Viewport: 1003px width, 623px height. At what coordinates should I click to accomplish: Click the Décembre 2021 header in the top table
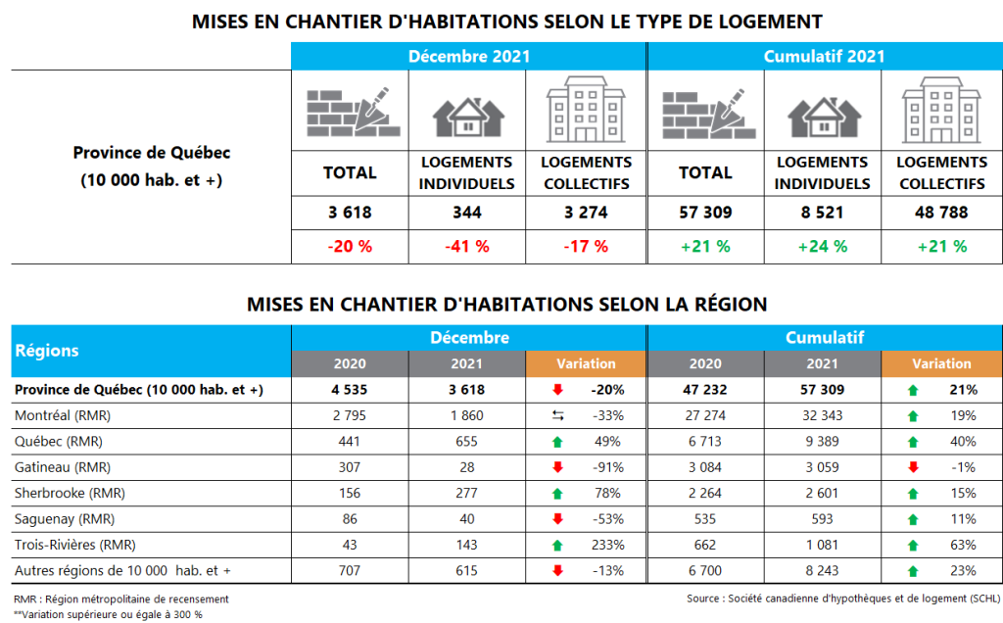[x=468, y=56]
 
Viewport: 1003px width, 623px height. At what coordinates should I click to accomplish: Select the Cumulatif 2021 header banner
[x=824, y=56]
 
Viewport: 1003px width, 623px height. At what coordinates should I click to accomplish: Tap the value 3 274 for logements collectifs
[x=586, y=212]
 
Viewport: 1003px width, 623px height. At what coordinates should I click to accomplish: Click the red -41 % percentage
[x=467, y=246]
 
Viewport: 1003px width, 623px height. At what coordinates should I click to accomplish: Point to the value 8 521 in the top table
[x=823, y=212]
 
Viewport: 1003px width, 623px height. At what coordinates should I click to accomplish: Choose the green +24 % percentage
[x=823, y=246]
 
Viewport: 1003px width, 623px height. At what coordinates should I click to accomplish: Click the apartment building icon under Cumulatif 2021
[x=941, y=110]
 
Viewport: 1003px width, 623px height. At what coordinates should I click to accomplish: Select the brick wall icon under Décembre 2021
[x=350, y=111]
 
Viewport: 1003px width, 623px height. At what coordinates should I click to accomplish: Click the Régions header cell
[x=47, y=350]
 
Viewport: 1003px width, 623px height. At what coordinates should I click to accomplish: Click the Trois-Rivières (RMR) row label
[x=74, y=544]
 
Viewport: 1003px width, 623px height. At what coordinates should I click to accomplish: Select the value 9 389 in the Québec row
[x=823, y=441]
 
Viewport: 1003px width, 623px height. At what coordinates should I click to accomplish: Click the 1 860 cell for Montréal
[x=467, y=415]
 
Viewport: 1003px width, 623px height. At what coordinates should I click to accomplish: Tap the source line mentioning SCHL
[x=843, y=597]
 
